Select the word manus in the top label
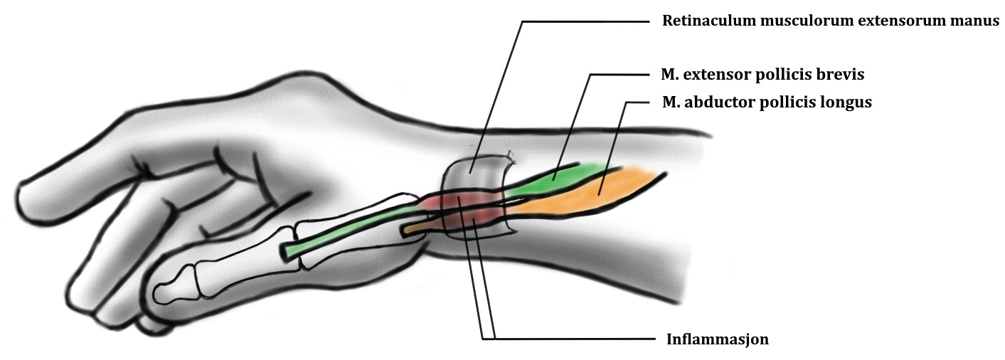979,21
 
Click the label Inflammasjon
717,339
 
